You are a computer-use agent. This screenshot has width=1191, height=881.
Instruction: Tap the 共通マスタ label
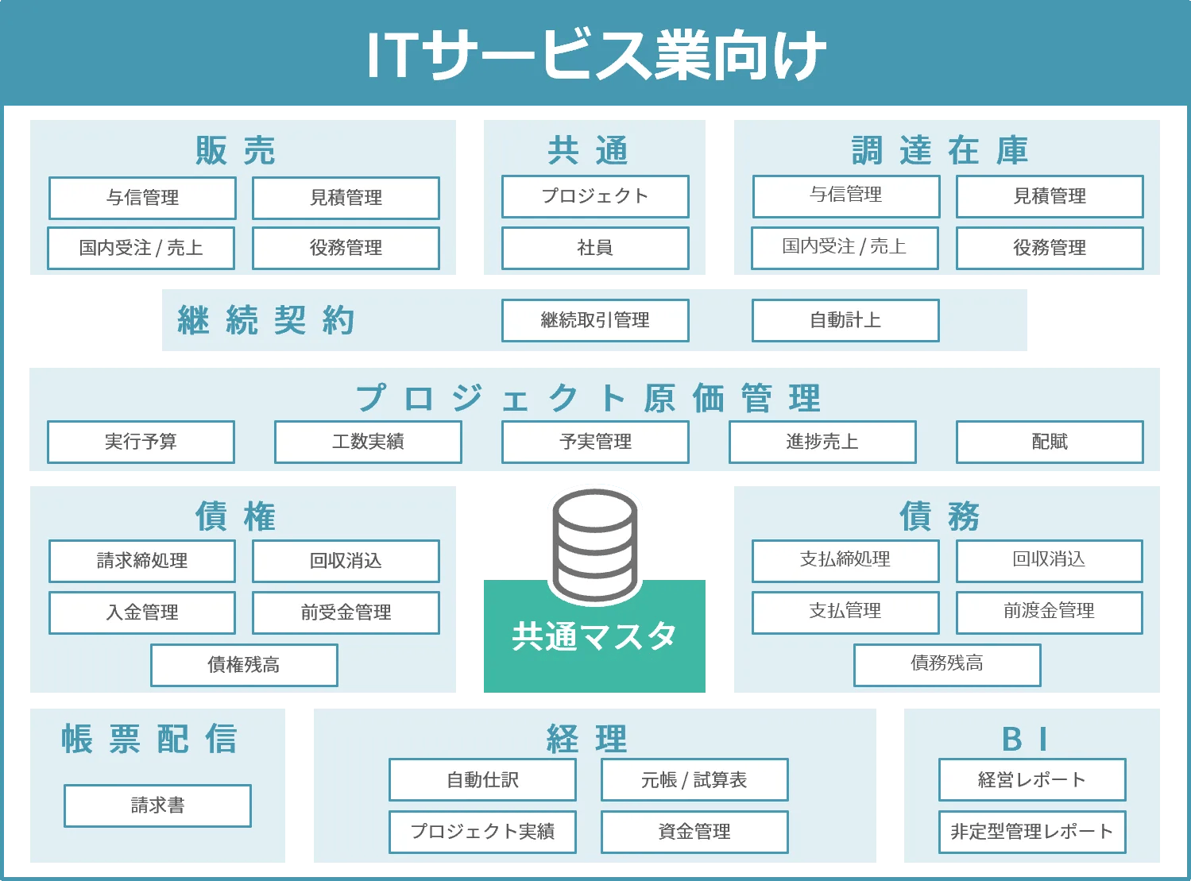(594, 636)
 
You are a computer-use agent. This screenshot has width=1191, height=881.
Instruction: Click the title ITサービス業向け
(596, 55)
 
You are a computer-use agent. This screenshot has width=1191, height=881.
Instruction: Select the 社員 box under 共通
(595, 248)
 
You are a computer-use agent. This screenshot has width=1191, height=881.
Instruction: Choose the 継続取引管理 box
(595, 320)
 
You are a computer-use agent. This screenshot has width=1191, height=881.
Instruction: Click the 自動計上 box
(845, 320)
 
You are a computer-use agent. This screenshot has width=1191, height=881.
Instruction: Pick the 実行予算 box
(141, 442)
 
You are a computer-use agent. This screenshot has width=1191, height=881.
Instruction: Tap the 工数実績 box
(368, 442)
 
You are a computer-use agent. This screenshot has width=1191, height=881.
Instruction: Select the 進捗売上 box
(822, 442)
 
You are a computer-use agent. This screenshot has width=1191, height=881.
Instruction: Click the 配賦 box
(1050, 442)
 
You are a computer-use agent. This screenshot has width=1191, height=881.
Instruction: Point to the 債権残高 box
(244, 665)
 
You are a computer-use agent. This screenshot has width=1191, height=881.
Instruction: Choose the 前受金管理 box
(346, 612)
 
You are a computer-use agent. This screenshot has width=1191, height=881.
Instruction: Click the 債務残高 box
(947, 663)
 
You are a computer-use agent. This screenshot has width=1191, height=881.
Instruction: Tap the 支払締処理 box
(845, 560)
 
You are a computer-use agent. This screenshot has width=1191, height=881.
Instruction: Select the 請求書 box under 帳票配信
(157, 806)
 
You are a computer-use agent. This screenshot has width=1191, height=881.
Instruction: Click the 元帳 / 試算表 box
(694, 780)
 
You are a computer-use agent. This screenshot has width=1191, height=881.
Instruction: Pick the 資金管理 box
(694, 832)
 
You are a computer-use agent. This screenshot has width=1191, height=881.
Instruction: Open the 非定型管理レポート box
(1032, 832)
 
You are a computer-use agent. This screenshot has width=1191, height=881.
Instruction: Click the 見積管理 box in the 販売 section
(346, 198)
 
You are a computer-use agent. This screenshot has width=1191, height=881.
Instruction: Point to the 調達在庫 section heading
(941, 150)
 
